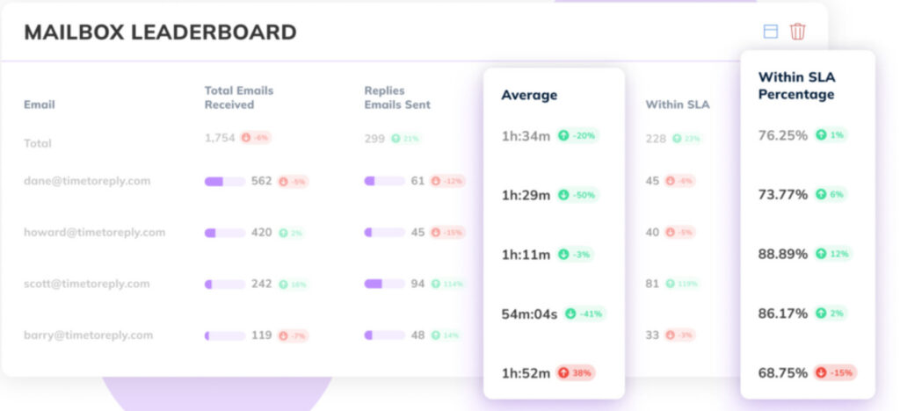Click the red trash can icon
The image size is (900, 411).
click(797, 32)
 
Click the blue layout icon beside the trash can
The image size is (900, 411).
click(771, 32)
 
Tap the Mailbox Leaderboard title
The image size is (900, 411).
click(160, 32)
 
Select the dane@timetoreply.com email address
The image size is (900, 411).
click(87, 181)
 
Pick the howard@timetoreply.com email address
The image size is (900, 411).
click(94, 233)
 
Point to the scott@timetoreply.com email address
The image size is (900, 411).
click(87, 284)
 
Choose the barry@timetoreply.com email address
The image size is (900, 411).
click(88, 335)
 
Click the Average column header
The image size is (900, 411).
click(529, 95)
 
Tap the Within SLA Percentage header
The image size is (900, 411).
click(796, 85)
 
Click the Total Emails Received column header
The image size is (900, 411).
click(239, 97)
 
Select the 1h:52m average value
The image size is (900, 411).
click(525, 372)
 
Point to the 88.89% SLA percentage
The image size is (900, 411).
click(783, 254)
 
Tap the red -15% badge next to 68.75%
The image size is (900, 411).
click(834, 372)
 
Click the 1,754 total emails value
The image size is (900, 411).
click(220, 138)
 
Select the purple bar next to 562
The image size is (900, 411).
click(224, 182)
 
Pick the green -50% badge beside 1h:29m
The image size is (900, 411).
click(577, 195)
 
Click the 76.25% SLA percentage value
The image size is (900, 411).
click(783, 135)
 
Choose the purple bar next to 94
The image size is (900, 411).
click(384, 284)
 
